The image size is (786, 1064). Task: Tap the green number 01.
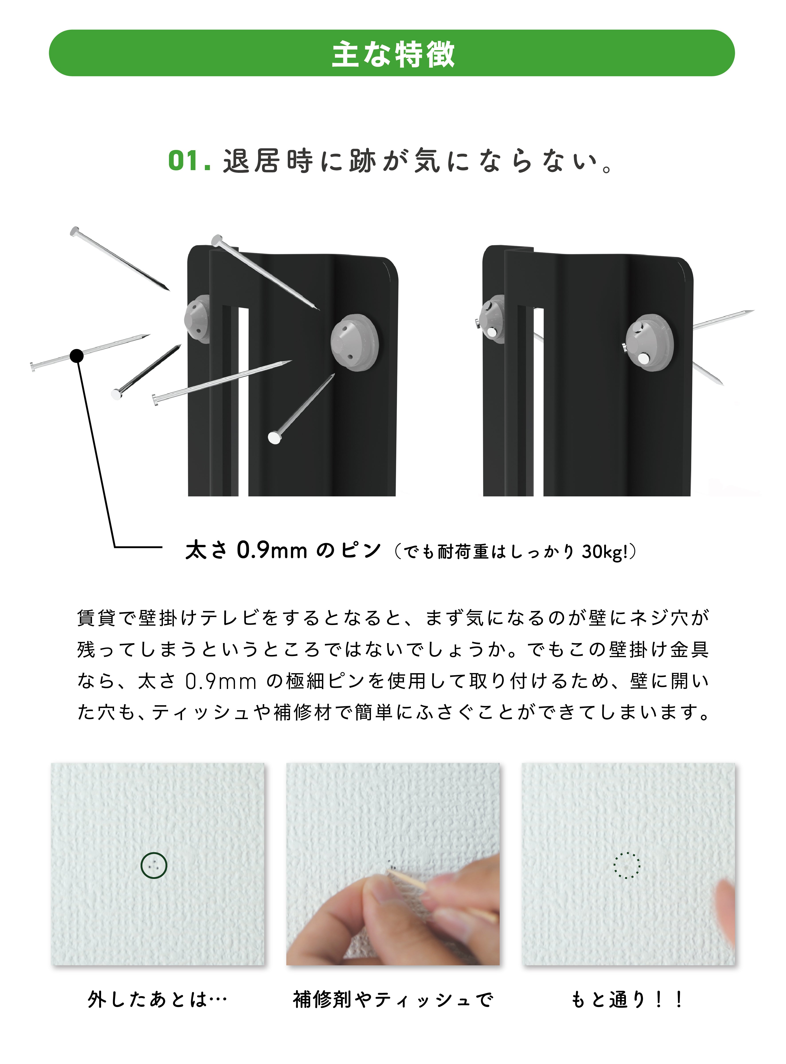click(189, 161)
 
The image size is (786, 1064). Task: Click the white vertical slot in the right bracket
click(538, 402)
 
